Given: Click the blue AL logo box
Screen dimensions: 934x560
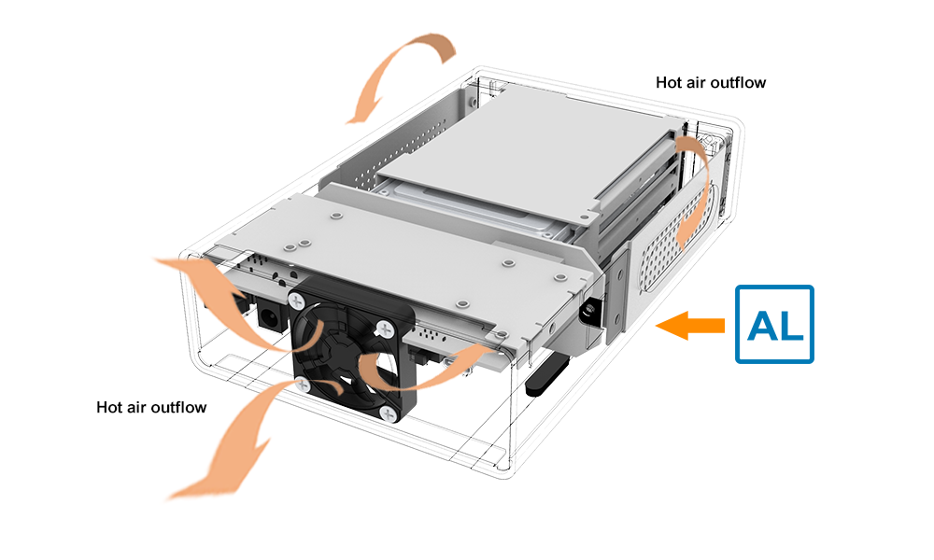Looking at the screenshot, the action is (x=774, y=325).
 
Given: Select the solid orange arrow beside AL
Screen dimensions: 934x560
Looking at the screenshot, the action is (x=690, y=326).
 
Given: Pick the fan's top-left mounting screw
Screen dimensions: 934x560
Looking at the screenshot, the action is (x=297, y=301).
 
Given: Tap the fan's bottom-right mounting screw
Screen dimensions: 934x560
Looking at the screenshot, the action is (x=389, y=414).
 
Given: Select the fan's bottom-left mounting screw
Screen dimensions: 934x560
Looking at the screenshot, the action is (x=302, y=385).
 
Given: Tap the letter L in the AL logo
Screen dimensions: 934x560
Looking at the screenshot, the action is (x=790, y=326).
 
